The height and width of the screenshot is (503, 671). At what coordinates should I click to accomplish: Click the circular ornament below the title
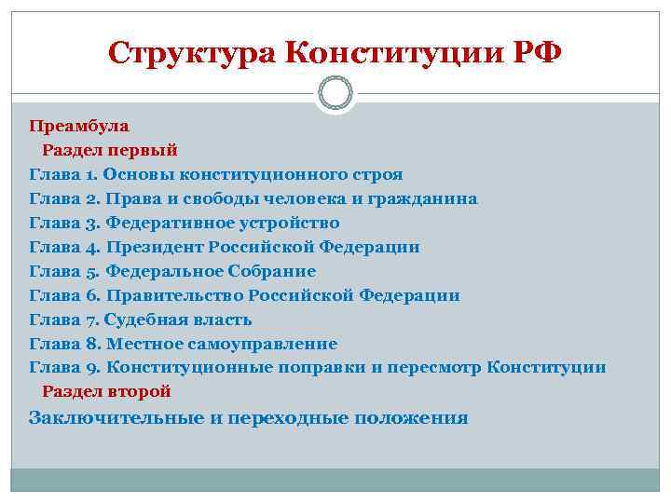pyautogui.click(x=335, y=93)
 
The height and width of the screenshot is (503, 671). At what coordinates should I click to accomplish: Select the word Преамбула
pyautogui.click(x=79, y=125)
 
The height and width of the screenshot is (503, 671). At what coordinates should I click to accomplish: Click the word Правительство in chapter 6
pyautogui.click(x=173, y=295)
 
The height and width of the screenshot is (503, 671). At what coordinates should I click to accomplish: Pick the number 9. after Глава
pyautogui.click(x=92, y=368)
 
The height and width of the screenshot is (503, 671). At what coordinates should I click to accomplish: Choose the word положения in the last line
pyautogui.click(x=415, y=417)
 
